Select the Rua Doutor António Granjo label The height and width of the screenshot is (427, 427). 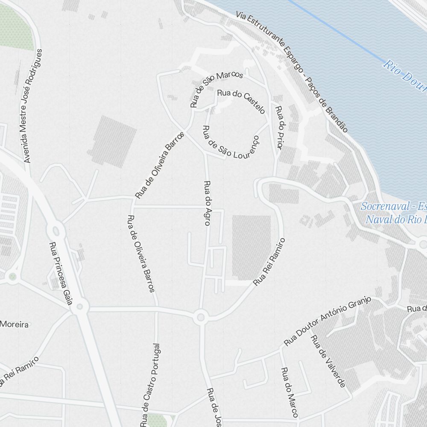pyautogui.click(x=327, y=321)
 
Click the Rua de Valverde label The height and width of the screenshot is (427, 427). pyautogui.click(x=328, y=361)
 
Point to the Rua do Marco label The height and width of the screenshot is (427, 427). pyautogui.click(x=289, y=392)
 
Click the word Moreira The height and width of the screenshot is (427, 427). pyautogui.click(x=14, y=325)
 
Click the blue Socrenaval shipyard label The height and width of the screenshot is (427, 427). pyautogui.click(x=393, y=213)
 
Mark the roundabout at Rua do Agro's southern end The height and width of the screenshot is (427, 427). pyautogui.click(x=200, y=317)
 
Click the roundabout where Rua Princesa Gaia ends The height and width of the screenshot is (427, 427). pyautogui.click(x=79, y=306)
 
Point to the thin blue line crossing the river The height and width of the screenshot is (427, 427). pyautogui.click(x=337, y=32)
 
